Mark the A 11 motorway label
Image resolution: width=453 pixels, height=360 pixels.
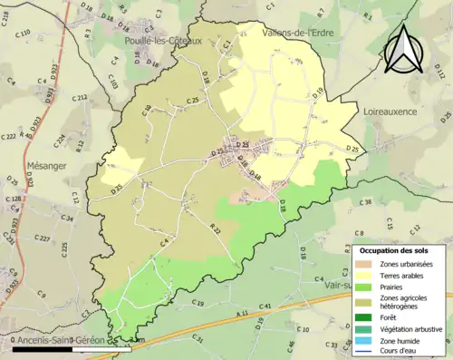tap(241, 314)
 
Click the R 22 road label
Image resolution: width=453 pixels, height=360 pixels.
tap(215, 230)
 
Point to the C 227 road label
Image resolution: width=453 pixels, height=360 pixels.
tap(42, 238)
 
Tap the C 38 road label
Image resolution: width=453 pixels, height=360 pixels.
tap(366, 201)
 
